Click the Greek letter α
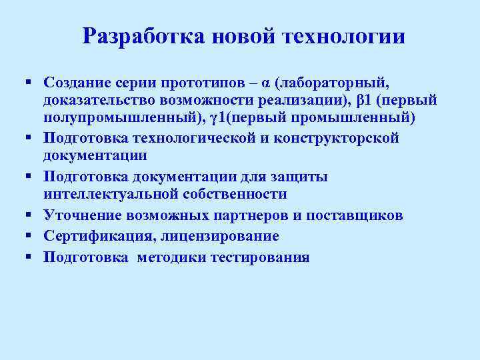[266, 83]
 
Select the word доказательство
[101, 101]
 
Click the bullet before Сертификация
[29, 236]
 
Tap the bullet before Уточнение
[29, 215]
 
